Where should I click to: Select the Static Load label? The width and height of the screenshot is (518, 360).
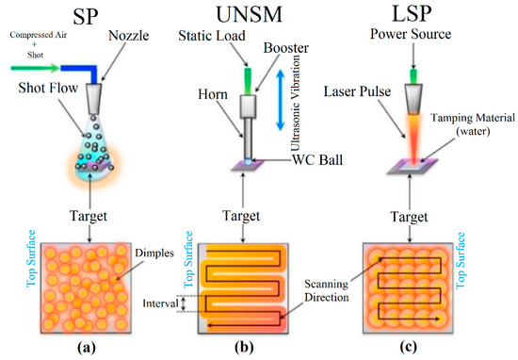click(x=216, y=36)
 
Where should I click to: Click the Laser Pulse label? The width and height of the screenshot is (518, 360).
click(x=375, y=92)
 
